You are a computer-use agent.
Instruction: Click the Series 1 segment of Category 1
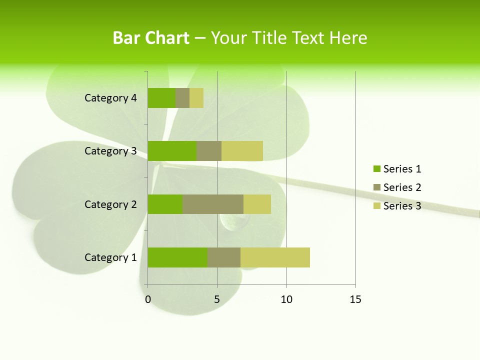[x=177, y=257]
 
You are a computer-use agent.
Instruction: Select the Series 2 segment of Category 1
[x=224, y=257]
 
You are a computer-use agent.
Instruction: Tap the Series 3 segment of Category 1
[x=275, y=257]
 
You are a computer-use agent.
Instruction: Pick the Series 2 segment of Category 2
[x=213, y=204]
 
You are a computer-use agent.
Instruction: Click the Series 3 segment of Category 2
[x=257, y=204]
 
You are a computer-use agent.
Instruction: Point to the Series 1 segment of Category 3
[x=172, y=151]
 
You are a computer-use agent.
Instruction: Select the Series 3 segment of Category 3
[x=242, y=151]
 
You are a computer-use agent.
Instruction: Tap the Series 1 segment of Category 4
[x=161, y=98]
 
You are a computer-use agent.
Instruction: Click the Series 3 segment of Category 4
[x=196, y=98]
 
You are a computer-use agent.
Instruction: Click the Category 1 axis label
[x=110, y=257]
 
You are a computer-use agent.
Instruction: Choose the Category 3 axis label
[x=110, y=151]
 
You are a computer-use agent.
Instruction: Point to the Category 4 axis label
[x=110, y=98]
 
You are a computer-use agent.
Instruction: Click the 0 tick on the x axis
[x=148, y=299]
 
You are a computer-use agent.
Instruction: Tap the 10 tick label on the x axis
[x=286, y=299]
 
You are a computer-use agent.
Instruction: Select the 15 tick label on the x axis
[x=355, y=299]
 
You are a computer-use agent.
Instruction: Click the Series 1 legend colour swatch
[x=376, y=169]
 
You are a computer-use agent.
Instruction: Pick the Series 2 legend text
[x=402, y=187]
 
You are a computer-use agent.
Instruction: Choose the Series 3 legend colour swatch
[x=376, y=206]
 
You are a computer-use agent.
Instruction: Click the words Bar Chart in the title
[x=151, y=38]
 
